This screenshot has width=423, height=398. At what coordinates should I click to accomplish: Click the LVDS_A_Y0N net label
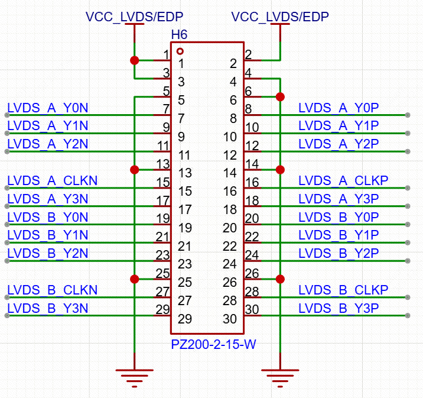click(x=47, y=108)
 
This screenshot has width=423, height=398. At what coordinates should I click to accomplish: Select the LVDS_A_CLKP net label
click(x=343, y=181)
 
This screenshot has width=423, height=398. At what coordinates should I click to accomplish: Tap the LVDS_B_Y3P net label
click(x=339, y=309)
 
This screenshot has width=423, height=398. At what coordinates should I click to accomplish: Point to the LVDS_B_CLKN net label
click(x=52, y=290)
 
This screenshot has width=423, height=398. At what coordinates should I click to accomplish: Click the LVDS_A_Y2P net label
click(x=339, y=144)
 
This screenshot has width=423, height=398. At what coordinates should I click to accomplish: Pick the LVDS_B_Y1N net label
click(x=47, y=235)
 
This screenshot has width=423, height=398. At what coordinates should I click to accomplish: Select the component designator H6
click(x=179, y=35)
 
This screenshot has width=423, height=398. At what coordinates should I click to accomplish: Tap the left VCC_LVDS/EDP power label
click(x=134, y=17)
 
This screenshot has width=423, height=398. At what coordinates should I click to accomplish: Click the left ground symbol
click(x=134, y=376)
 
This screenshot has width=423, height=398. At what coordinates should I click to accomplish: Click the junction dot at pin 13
click(x=135, y=170)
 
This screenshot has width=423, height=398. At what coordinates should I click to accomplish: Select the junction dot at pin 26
click(x=281, y=279)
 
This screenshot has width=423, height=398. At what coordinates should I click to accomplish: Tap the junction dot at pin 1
click(x=135, y=60)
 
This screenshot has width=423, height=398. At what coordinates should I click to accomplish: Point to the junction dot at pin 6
click(x=281, y=96)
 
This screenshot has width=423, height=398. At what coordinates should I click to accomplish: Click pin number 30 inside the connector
click(x=230, y=319)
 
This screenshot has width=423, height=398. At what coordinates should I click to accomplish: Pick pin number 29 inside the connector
click(x=185, y=319)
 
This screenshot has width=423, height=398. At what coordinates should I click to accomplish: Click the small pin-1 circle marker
click(x=180, y=51)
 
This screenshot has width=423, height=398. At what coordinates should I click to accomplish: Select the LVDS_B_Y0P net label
click(x=339, y=217)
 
